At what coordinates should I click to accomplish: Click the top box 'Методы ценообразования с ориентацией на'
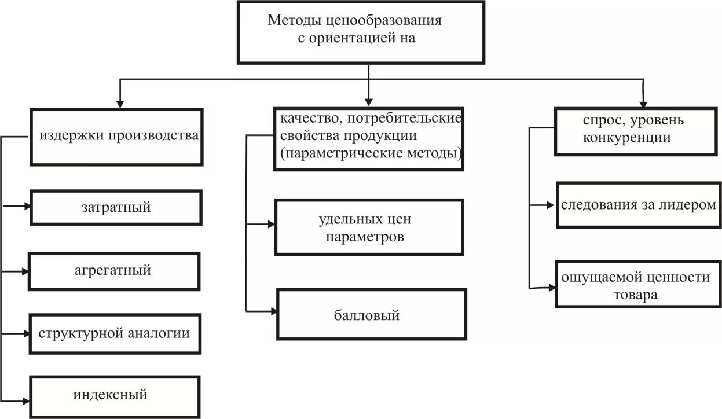360,31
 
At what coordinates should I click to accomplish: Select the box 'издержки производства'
115,137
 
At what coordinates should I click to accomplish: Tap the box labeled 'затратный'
115,207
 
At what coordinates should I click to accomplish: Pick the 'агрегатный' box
115,270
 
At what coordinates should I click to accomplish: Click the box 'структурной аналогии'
115,333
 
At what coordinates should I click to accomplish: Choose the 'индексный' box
115,396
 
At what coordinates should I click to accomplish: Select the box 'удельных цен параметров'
369,227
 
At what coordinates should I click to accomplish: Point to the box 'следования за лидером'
637,205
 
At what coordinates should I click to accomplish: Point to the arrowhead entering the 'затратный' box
26,205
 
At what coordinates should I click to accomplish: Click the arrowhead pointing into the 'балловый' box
272,311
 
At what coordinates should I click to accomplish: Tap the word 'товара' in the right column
636,294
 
